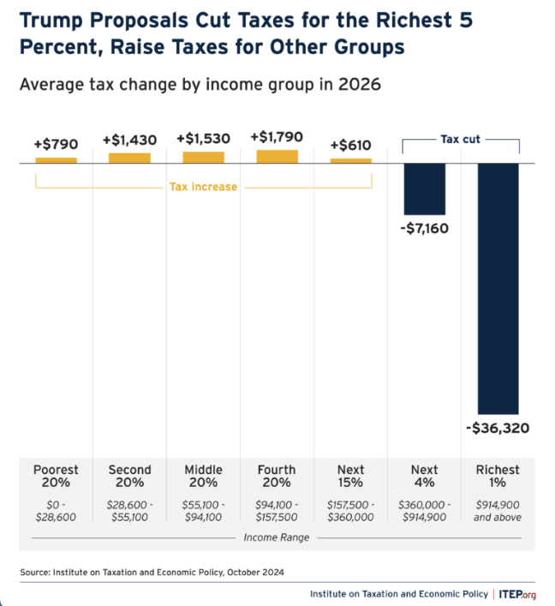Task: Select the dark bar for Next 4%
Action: [424, 189]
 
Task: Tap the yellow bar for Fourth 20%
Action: [277, 156]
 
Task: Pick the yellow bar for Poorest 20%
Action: [56, 159]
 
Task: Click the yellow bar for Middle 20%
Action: [203, 157]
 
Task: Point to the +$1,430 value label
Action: [129, 141]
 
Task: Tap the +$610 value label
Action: [351, 144]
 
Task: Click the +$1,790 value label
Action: [277, 136]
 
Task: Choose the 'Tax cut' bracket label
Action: [460, 139]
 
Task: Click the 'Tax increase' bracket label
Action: [203, 186]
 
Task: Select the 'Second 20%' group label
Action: [129, 476]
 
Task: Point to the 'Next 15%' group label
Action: [350, 476]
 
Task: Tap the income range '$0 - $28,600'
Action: [56, 511]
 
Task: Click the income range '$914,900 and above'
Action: [498, 511]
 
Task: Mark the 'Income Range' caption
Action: [277, 538]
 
